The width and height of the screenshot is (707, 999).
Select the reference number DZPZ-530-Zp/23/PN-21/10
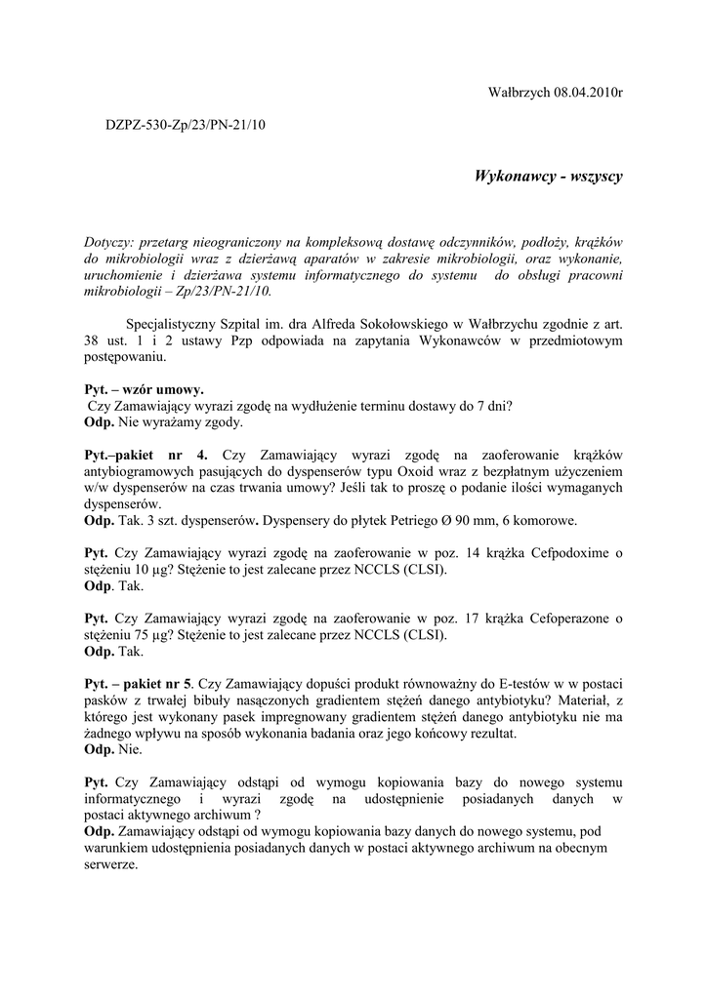(x=186, y=125)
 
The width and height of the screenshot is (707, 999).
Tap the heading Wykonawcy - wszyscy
(x=548, y=176)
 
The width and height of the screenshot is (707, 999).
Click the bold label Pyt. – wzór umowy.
(x=145, y=389)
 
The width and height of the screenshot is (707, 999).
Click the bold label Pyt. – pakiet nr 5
(x=140, y=684)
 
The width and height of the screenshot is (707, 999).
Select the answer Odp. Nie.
(x=113, y=750)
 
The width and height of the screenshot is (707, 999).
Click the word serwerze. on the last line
(x=112, y=864)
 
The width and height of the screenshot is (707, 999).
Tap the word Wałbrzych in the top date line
(x=519, y=92)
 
